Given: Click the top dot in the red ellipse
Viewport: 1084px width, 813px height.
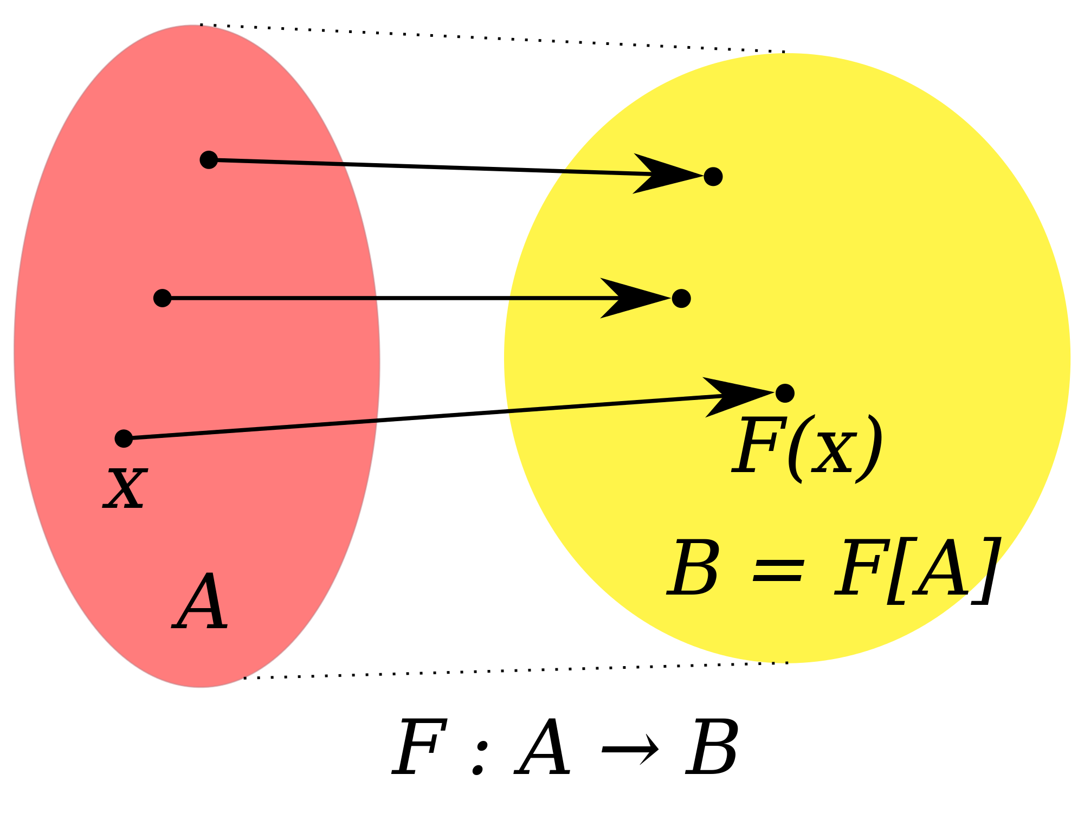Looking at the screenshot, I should pos(209,160).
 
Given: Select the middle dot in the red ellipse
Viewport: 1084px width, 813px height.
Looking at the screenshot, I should pos(162,298).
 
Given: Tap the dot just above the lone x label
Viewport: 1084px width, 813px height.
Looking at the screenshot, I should pos(124,438).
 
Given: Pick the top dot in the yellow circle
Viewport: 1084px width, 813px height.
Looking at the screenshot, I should pos(713,177).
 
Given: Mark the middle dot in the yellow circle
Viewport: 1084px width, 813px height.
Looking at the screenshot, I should pos(681,298).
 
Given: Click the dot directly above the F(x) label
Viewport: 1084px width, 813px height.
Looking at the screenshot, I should pos(785,393).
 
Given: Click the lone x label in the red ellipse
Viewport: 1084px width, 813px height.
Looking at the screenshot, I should pos(125,488).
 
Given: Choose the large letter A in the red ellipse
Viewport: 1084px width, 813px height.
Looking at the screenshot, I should pos(200,603).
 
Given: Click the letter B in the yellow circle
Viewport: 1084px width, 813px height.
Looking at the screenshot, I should pos(693,567).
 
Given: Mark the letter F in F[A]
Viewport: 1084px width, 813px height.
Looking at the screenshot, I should pos(859,567).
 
